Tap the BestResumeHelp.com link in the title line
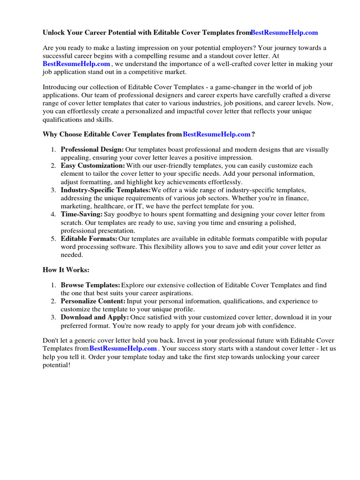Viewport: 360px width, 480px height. point(284,32)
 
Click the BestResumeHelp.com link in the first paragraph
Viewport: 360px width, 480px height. point(76,64)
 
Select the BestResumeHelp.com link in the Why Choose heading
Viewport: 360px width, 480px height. point(217,134)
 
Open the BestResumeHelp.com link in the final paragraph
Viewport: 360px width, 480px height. point(123,348)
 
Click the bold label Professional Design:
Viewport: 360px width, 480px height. point(92,150)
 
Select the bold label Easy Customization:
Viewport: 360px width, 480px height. point(93,165)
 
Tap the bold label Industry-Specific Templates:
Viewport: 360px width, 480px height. point(105,190)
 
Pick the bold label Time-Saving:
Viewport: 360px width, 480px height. point(82,214)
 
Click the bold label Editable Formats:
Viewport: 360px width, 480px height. point(89,239)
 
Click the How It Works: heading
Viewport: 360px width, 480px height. point(66,270)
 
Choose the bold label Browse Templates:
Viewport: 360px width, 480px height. point(90,285)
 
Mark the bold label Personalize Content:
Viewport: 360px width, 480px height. point(93,301)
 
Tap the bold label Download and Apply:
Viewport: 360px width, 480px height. point(95,317)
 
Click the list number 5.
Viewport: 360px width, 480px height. point(53,239)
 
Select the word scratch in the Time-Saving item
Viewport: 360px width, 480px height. point(71,222)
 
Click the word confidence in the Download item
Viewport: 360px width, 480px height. point(279,325)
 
